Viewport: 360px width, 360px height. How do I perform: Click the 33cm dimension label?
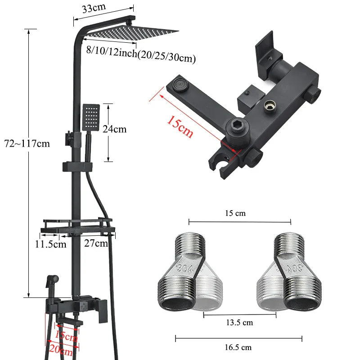tap(94, 8)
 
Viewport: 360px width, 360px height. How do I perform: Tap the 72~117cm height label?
tap(27, 144)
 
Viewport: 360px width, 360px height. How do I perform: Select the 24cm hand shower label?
tap(114, 129)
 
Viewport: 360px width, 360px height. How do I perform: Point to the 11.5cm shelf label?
tap(50, 244)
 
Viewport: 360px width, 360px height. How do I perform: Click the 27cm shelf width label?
tap(96, 243)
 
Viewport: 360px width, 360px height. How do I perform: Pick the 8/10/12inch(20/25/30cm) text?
tap(141, 54)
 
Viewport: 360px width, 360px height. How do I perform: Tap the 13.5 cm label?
tap(239, 323)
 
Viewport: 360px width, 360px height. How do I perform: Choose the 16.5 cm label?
tap(238, 347)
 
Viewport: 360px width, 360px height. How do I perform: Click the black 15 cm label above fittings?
tap(235, 213)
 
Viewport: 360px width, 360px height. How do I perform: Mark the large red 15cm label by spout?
tap(180, 127)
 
